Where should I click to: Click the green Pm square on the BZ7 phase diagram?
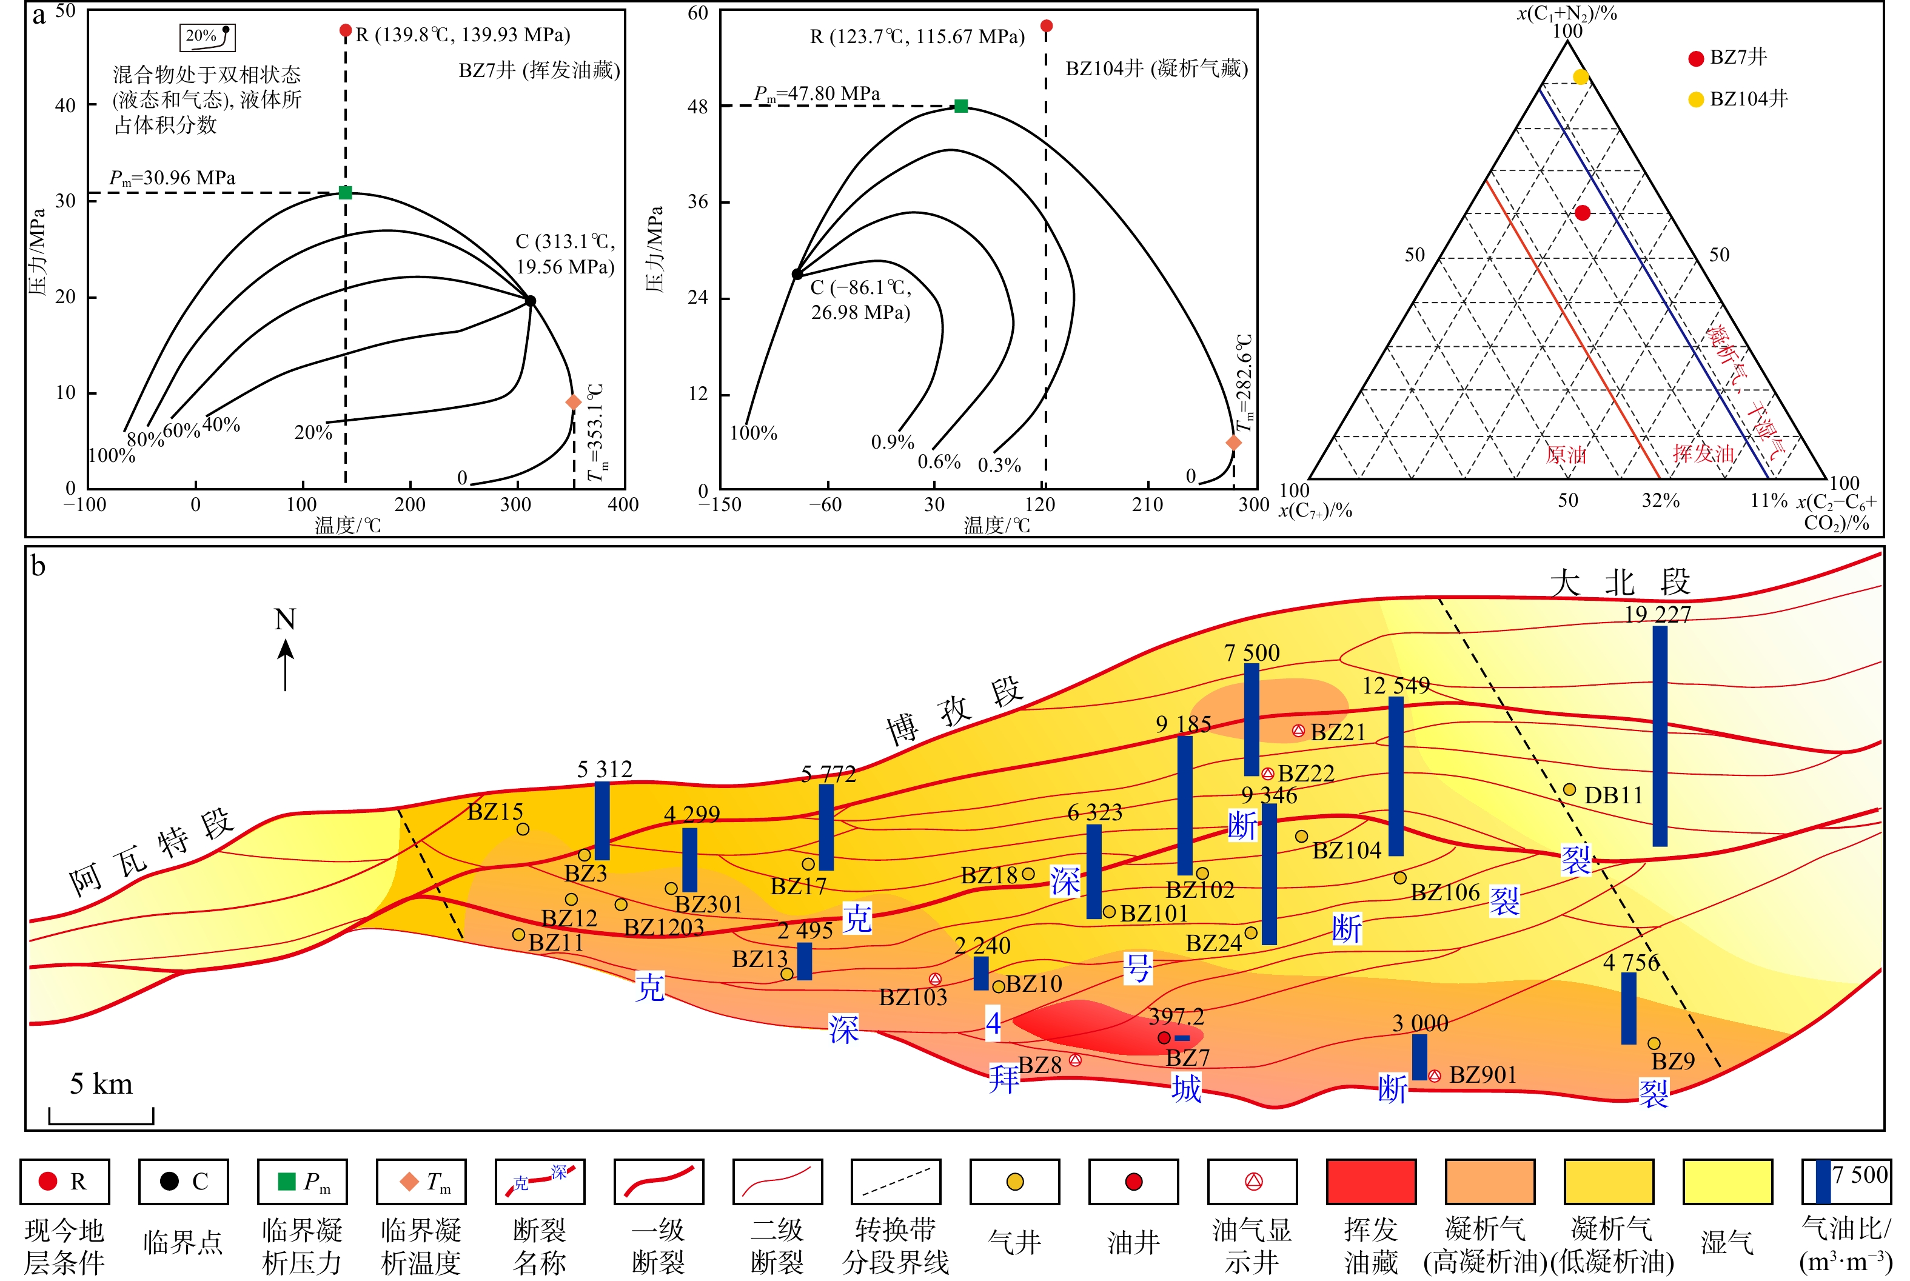[346, 193]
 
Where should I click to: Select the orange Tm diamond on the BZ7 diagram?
[574, 402]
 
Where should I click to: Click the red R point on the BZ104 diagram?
[1047, 26]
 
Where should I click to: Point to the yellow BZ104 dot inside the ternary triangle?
[1581, 77]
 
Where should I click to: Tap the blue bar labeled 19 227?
[1660, 735]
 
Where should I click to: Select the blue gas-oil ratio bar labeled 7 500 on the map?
[1252, 719]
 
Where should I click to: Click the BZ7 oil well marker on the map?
[1164, 1037]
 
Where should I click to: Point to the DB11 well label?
[1613, 795]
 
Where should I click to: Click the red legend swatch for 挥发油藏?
[1372, 1182]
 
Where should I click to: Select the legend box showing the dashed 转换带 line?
[896, 1182]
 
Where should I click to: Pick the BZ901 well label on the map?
[1483, 1074]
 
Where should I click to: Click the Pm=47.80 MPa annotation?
[816, 94]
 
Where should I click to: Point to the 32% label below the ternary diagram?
[1661, 500]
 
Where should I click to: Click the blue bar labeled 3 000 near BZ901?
[1420, 1057]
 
